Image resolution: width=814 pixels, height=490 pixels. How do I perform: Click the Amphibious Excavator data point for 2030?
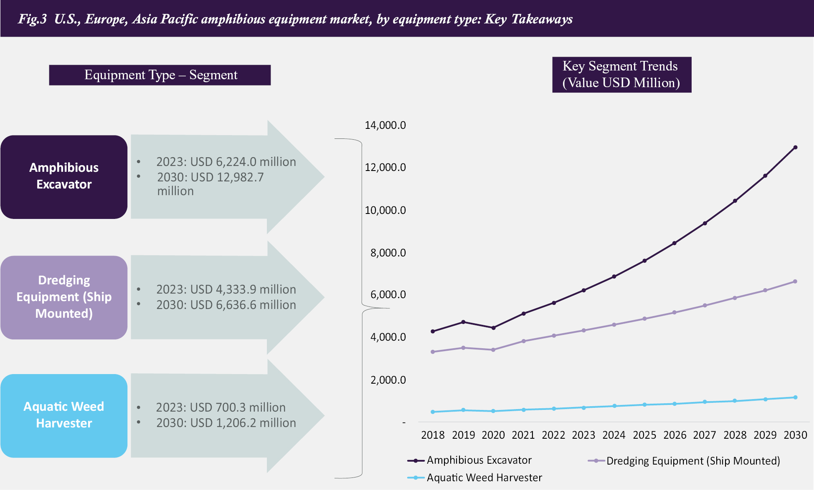click(x=795, y=147)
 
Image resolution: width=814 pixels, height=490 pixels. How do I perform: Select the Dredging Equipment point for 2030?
click(x=795, y=281)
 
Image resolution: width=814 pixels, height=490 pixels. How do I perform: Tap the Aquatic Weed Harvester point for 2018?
click(x=433, y=412)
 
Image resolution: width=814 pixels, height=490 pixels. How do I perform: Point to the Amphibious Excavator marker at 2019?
click(x=463, y=322)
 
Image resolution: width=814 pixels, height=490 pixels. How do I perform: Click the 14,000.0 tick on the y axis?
click(x=385, y=125)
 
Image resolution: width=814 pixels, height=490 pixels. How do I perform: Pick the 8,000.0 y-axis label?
click(x=388, y=253)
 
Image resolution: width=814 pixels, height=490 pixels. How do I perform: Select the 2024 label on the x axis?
click(x=614, y=435)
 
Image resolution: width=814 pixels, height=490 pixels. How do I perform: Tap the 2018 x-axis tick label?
click(x=433, y=435)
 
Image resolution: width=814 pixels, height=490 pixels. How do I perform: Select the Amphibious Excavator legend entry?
click(x=469, y=460)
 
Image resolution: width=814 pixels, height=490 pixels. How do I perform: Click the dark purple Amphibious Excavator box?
click(x=64, y=176)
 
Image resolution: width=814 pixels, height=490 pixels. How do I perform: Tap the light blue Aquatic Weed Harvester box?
click(x=64, y=415)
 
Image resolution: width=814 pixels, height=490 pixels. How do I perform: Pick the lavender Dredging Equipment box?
click(x=64, y=297)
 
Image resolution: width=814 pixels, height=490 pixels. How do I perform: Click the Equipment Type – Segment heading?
click(x=160, y=75)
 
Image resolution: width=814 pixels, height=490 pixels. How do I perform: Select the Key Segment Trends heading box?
click(x=621, y=75)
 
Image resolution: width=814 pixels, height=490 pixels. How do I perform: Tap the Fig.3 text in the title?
click(x=32, y=19)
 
